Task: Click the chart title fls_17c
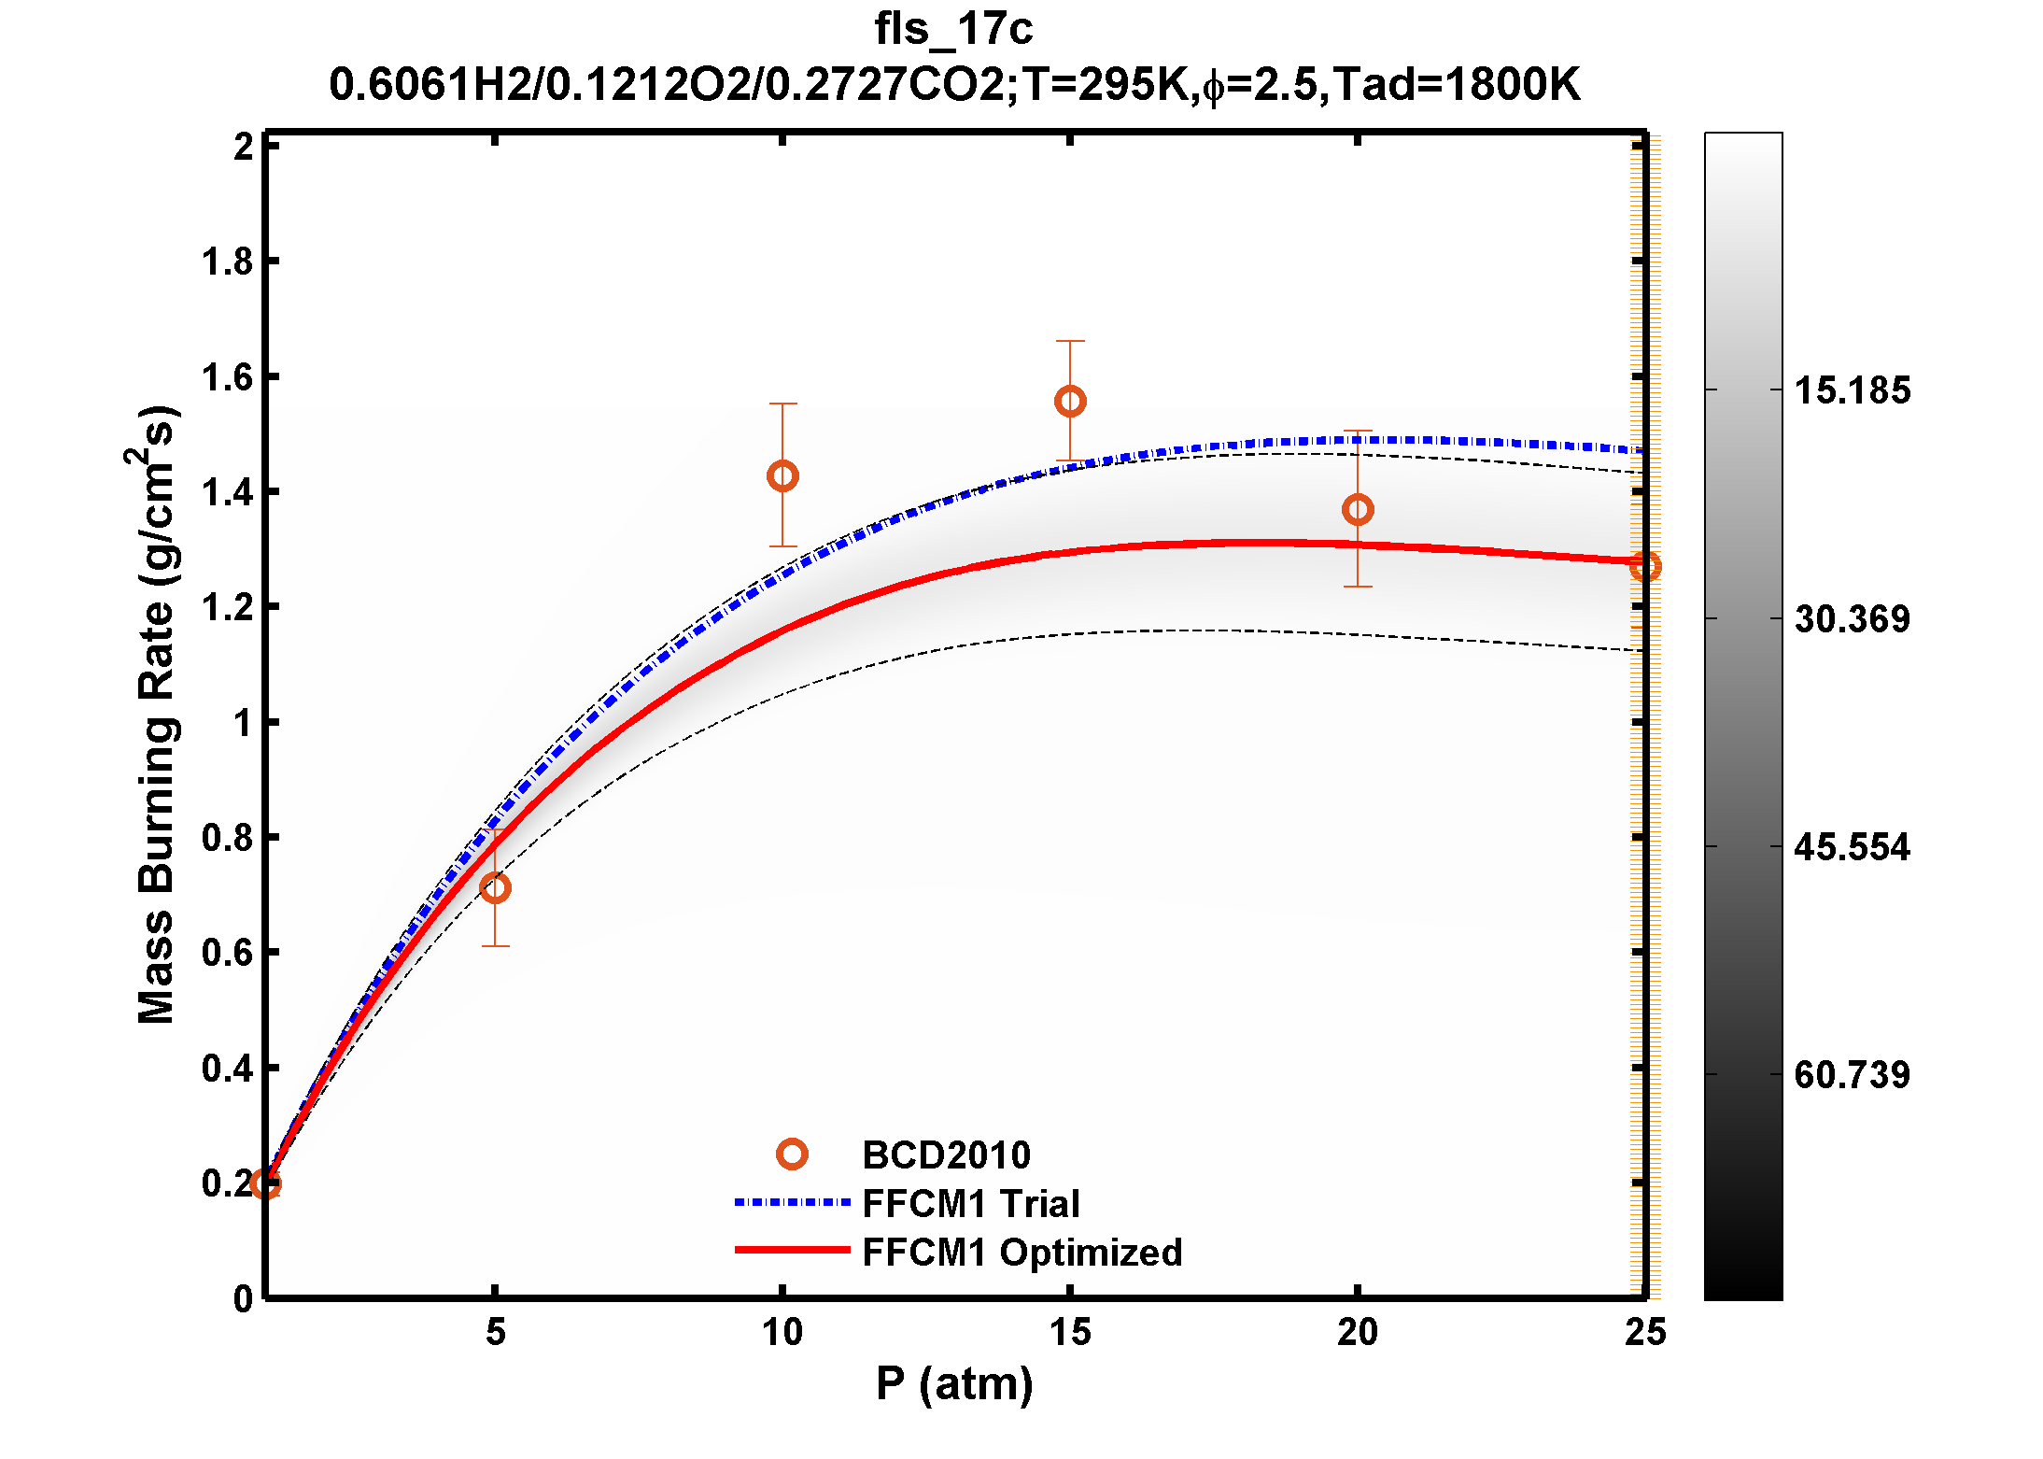953,29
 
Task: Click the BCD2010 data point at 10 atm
782,476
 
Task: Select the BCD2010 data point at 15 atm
1070,402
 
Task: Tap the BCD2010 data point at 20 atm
1358,510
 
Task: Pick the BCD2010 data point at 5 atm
495,887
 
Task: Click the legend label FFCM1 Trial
971,1204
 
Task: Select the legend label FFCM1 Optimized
1022,1253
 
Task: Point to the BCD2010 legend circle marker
792,1154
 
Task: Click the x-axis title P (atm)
954,1383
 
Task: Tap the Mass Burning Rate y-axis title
155,715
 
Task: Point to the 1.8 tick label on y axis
228,262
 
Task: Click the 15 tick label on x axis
1070,1333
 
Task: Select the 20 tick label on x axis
1358,1333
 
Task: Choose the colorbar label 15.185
1853,390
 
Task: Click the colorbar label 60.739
1853,1075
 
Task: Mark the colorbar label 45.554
1853,847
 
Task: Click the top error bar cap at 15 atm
1070,342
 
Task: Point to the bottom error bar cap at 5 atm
495,946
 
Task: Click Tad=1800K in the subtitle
1456,85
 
